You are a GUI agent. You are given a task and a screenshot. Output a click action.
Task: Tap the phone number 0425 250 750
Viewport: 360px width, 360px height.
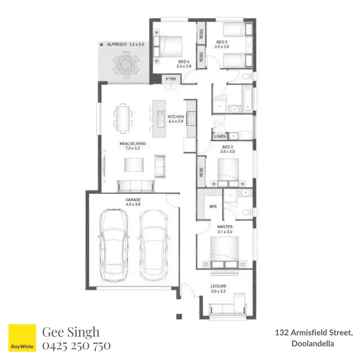(x=77, y=346)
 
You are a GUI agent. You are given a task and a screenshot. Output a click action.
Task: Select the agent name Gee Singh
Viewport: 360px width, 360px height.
(x=71, y=332)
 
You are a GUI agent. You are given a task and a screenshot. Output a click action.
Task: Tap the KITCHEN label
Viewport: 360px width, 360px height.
(x=176, y=117)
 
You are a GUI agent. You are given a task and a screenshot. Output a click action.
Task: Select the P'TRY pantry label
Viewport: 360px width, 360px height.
(x=170, y=78)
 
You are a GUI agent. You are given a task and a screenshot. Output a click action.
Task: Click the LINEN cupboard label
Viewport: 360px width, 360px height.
(x=220, y=136)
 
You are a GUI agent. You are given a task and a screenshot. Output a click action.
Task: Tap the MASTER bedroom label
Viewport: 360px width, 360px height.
(x=225, y=227)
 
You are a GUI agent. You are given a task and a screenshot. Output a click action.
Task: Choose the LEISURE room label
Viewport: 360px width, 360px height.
(x=218, y=286)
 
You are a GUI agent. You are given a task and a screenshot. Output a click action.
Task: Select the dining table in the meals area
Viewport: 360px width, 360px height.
(x=123, y=117)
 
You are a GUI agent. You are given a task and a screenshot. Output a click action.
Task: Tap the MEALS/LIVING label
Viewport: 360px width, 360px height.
(x=132, y=144)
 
